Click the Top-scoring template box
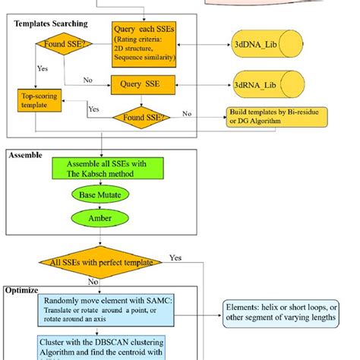click(39, 102)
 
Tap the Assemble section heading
click(27, 155)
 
